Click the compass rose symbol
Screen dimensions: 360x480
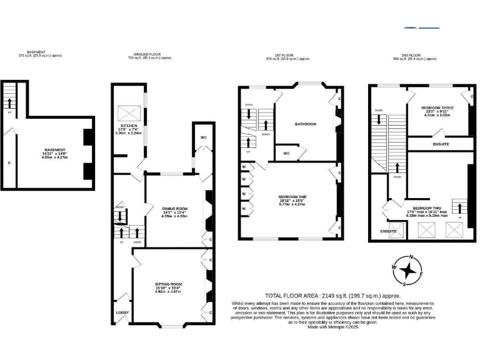(409, 270)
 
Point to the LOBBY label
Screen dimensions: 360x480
(121, 311)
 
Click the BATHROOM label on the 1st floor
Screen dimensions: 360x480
(306, 124)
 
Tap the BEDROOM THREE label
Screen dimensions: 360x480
(437, 107)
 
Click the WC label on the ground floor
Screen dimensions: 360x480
(203, 137)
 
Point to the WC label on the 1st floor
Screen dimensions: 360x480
(286, 153)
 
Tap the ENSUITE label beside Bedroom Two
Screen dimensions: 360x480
(389, 231)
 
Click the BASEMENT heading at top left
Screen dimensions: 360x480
(36, 52)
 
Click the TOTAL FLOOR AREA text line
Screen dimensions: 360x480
(332, 296)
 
